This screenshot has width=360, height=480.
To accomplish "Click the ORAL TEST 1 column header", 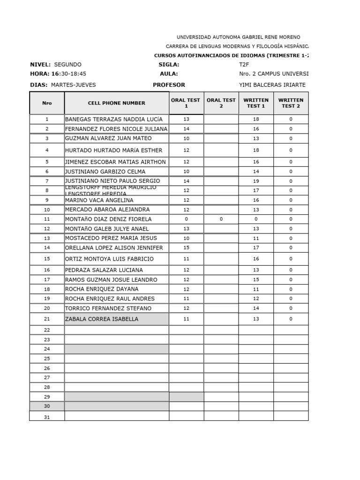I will [x=186, y=103].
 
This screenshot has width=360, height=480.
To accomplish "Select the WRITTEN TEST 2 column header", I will [x=291, y=103].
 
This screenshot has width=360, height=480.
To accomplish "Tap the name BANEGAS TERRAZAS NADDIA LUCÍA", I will [x=114, y=120].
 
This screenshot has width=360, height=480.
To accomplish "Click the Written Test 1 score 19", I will [x=256, y=181].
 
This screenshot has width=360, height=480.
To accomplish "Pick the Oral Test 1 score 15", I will [x=186, y=247].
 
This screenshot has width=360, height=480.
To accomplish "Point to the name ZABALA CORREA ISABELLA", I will [x=102, y=319].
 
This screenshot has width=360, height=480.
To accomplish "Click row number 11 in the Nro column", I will [x=47, y=219].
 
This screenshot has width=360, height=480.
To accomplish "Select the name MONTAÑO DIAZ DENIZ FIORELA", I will [x=108, y=219].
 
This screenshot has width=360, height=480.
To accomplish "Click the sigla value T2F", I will [x=244, y=65].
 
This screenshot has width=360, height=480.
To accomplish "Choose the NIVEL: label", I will [x=40, y=65].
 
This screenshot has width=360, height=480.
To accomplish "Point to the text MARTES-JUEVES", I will [x=73, y=85].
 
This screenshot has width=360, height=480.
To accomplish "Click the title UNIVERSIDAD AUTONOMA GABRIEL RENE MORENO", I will [x=238, y=37].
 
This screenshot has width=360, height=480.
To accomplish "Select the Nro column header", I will [x=47, y=103].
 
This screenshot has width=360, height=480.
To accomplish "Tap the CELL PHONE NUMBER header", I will [x=117, y=103].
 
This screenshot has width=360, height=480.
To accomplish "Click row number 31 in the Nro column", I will [x=47, y=417].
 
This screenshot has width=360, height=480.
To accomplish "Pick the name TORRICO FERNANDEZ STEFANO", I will [x=108, y=308].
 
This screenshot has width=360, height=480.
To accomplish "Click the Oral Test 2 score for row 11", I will [x=221, y=219].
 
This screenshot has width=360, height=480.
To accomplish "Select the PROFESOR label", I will [x=169, y=85].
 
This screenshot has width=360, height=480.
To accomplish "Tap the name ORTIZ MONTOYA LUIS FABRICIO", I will [x=109, y=259].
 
